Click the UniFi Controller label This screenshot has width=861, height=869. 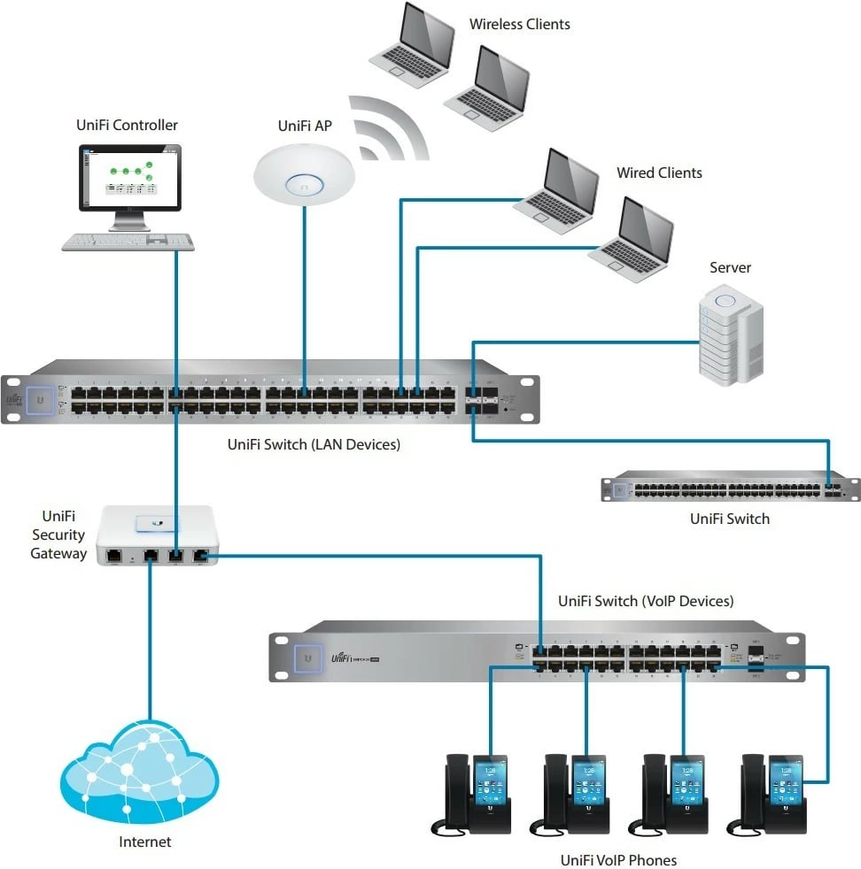coord(128,126)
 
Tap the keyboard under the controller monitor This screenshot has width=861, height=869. coord(128,241)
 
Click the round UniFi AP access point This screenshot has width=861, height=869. coord(302,173)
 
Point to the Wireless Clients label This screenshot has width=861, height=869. coord(520,24)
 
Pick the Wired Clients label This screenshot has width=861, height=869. coord(659,173)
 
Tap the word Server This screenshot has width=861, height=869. coord(730,267)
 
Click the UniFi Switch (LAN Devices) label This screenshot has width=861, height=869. coord(314,444)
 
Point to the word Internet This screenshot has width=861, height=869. coord(145,842)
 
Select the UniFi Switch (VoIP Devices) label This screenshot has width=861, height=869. coord(646,601)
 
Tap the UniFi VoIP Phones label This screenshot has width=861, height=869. coord(618,859)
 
